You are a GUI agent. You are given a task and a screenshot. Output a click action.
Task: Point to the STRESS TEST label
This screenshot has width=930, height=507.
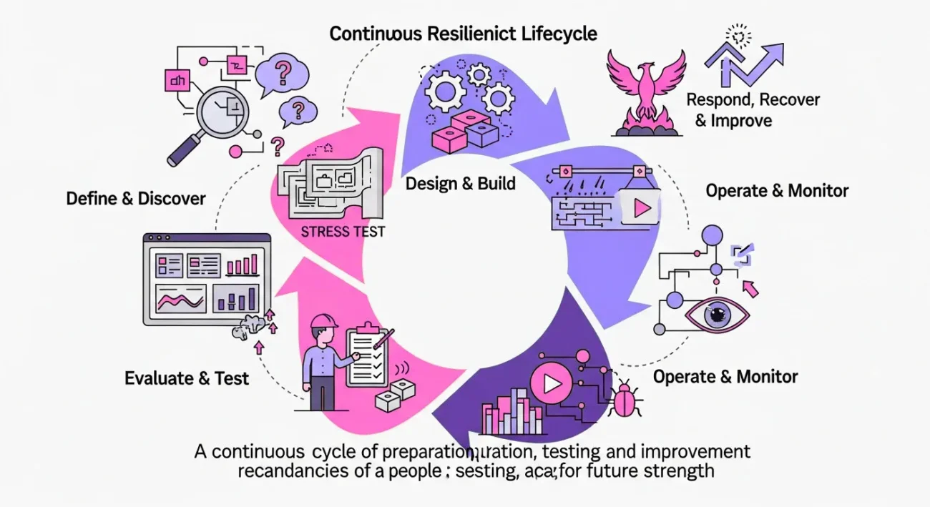coord(343,231)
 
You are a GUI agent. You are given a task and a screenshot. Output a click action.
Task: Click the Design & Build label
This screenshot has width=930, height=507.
coord(460,183)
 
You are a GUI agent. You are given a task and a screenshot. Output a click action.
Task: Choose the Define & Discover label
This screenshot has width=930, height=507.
coord(136,198)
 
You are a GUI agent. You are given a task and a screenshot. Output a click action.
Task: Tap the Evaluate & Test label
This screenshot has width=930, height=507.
coord(187,378)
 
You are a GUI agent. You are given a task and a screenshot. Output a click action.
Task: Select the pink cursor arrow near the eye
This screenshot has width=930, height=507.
coord(751,289)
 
